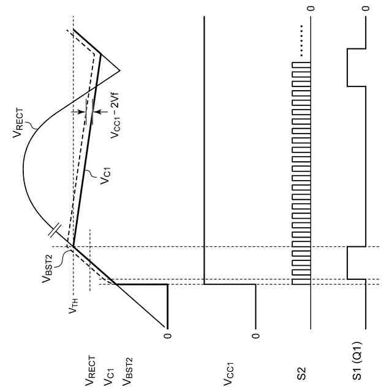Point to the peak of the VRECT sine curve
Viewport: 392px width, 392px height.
click(23, 165)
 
